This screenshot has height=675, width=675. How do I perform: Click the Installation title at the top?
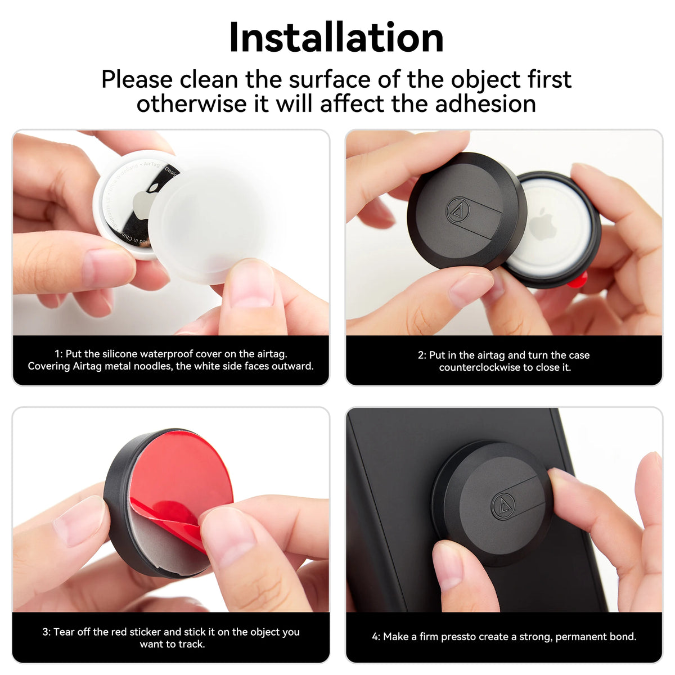336,38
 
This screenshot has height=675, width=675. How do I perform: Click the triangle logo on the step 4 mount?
503,505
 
